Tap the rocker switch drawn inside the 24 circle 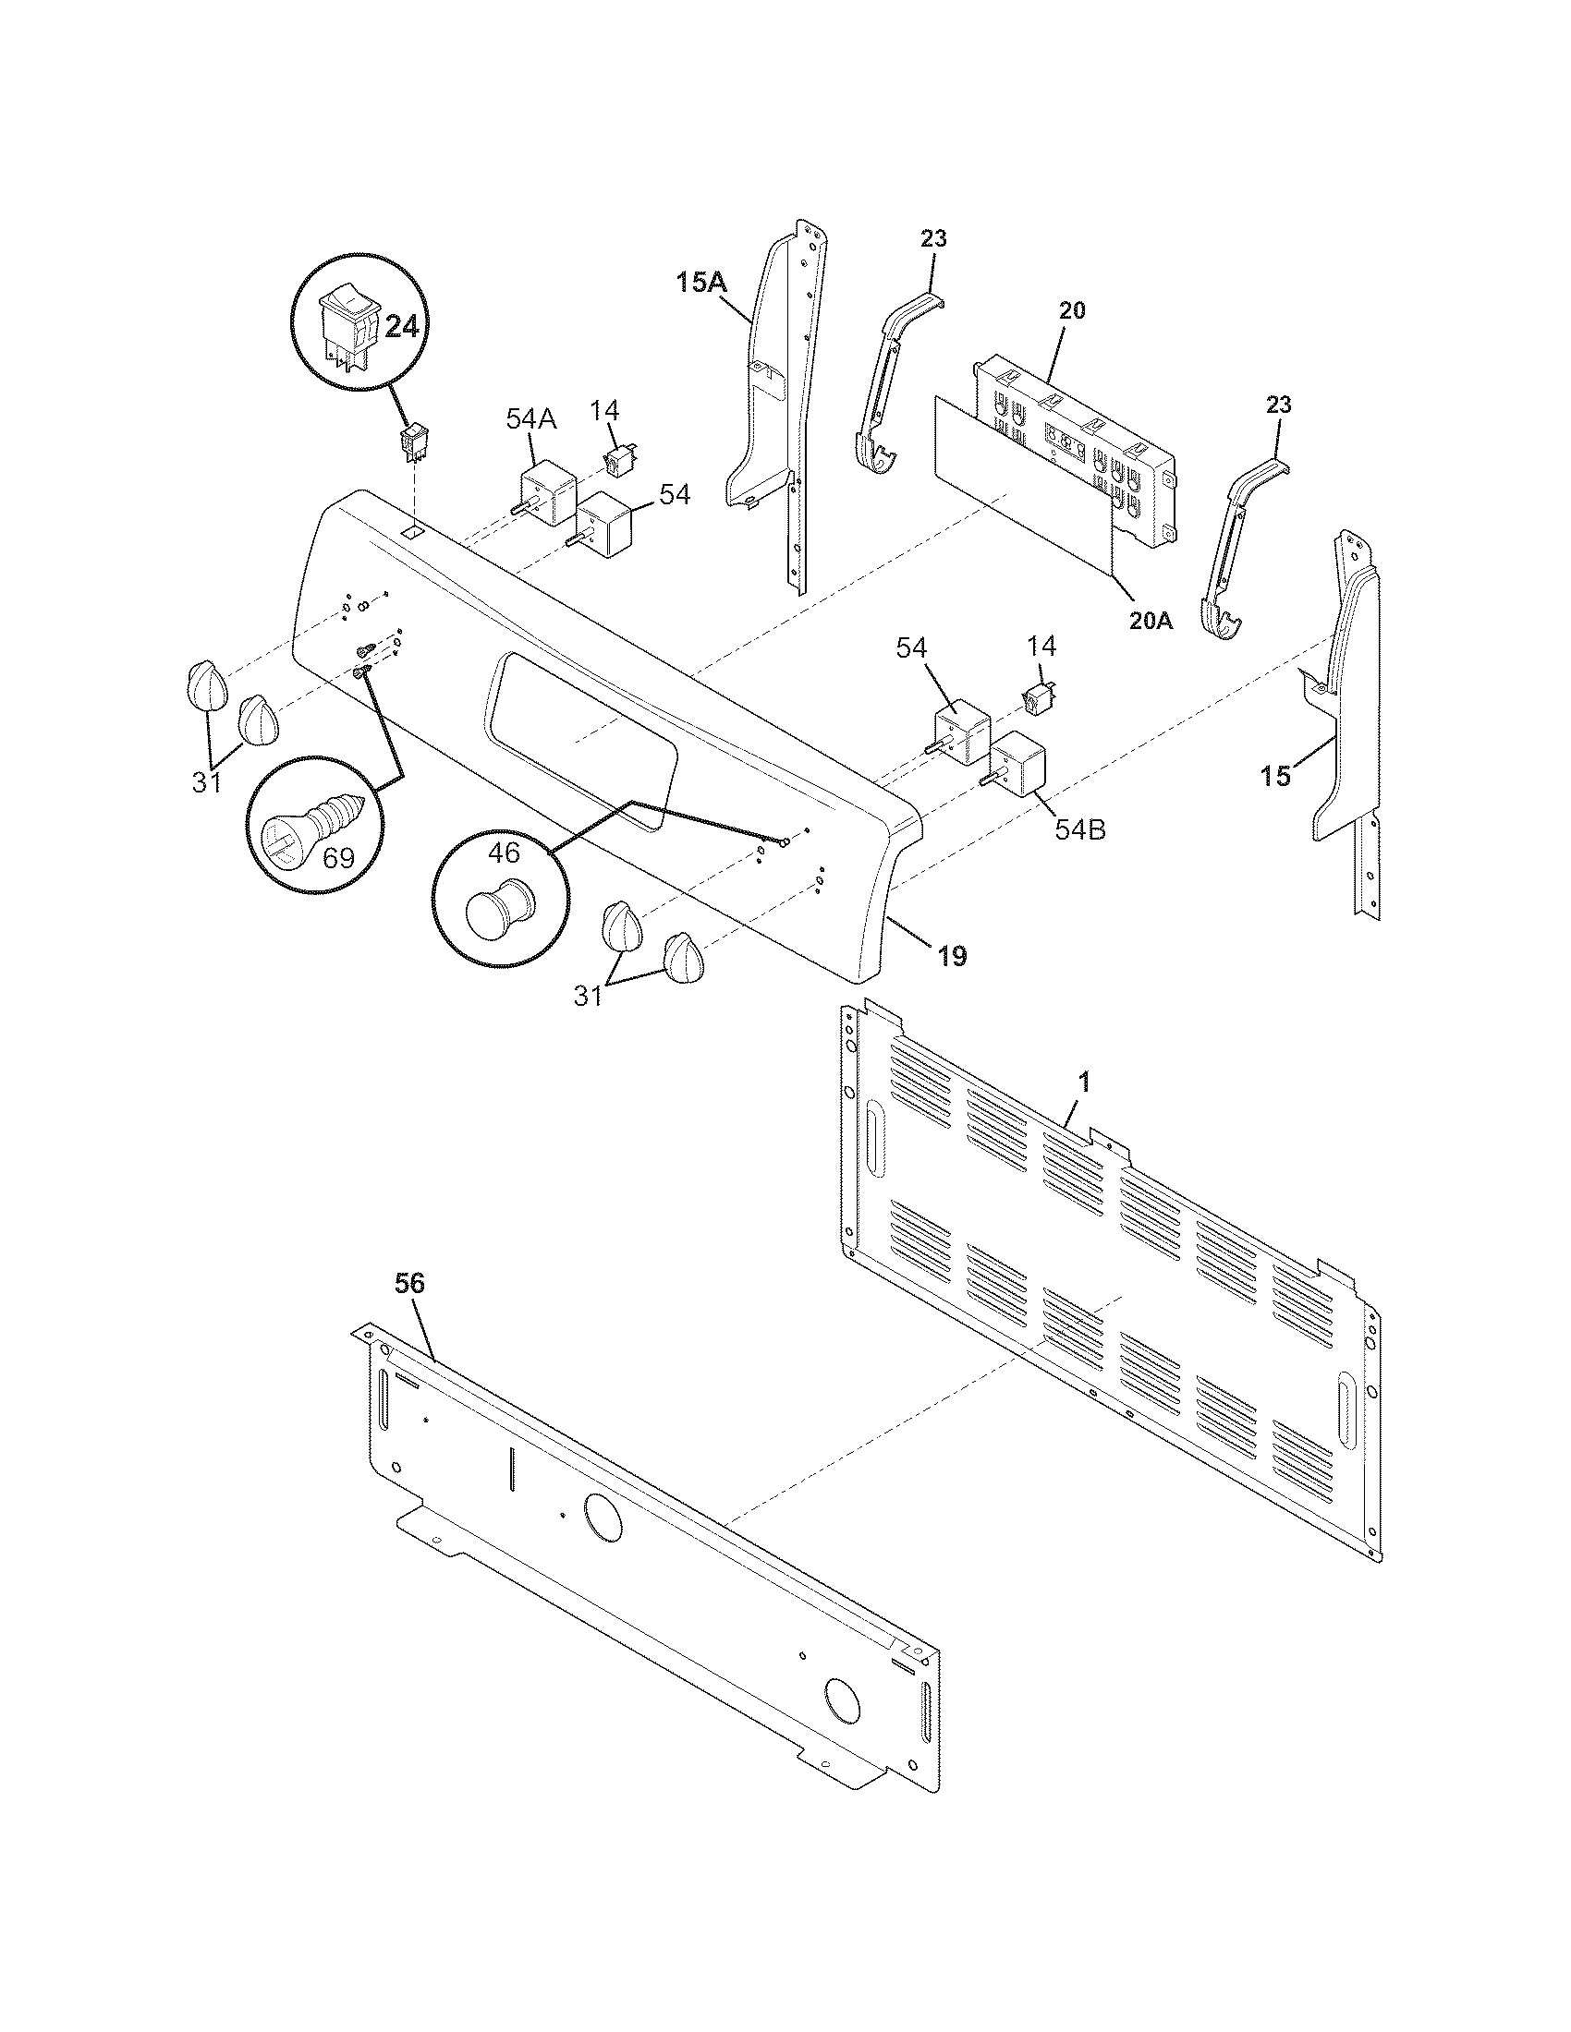(x=346, y=331)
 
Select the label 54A (x=530, y=419)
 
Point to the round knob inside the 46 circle (x=500, y=906)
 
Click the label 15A (x=702, y=282)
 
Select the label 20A (x=1151, y=622)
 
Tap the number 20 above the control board (x=1072, y=310)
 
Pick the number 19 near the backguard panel (x=951, y=956)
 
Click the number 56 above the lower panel (x=409, y=1283)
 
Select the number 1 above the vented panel (x=1083, y=1083)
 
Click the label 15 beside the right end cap (x=1277, y=775)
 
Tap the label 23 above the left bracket (x=933, y=239)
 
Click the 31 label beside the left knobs (x=207, y=782)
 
